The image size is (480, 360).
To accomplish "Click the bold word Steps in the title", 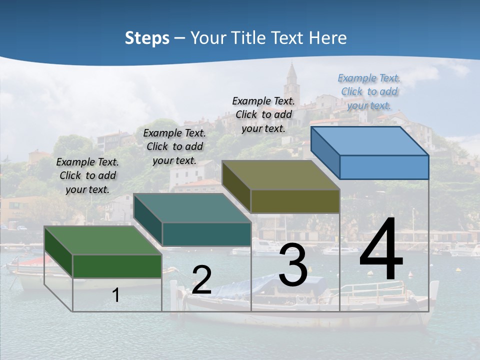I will click(147, 38).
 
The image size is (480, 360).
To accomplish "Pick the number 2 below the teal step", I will click(201, 280).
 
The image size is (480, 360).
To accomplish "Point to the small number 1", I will click(116, 295).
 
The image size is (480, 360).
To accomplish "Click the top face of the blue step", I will click(369, 140).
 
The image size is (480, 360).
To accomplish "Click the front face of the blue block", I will click(384, 167).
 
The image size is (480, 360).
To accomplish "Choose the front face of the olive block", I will click(295, 201).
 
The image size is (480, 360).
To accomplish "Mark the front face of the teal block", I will click(206, 234).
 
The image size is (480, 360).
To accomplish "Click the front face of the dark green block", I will click(117, 266).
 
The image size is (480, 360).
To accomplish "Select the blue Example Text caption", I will click(369, 91).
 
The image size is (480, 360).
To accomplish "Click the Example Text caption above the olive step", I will click(263, 114).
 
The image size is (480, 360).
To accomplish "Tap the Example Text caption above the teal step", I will click(174, 146).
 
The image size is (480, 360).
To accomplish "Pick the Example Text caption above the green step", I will click(87, 175).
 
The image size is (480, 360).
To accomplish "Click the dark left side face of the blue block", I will click(325, 152).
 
